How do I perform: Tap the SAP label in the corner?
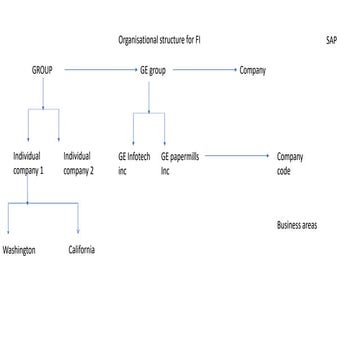tap(331, 41)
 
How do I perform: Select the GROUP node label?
tap(43, 71)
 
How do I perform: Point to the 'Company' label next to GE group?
tap(253, 71)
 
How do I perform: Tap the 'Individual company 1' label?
tap(27, 163)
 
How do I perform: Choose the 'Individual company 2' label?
tap(78, 163)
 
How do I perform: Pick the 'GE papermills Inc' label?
tap(178, 163)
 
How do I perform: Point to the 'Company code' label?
tap(289, 163)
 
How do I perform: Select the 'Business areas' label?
tap(297, 226)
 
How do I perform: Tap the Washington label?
tap(19, 249)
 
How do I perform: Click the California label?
tap(82, 249)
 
